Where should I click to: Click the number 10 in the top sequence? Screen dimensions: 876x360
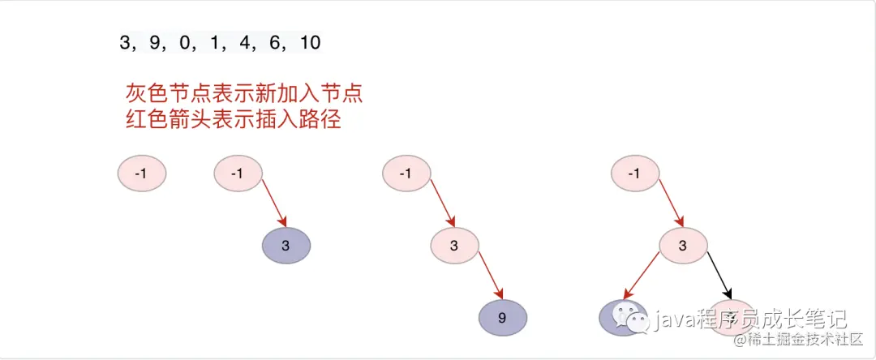point(310,43)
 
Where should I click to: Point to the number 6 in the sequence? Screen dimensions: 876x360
point(274,43)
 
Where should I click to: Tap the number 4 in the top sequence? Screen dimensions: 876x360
point(244,43)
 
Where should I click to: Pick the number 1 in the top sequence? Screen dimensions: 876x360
point(216,43)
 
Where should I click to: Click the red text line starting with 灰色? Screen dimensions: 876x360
point(244,92)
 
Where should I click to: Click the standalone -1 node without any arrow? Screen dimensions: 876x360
point(142,173)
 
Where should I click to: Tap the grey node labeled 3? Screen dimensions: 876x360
point(287,245)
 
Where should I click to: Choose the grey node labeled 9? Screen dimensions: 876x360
point(502,317)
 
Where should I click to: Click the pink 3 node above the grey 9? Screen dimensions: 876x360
point(454,245)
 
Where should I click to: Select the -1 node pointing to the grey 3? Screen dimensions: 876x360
point(238,173)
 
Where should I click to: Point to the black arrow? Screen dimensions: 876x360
point(719,273)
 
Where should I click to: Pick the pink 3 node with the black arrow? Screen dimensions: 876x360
point(682,245)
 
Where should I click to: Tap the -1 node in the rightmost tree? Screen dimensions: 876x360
point(634,173)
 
